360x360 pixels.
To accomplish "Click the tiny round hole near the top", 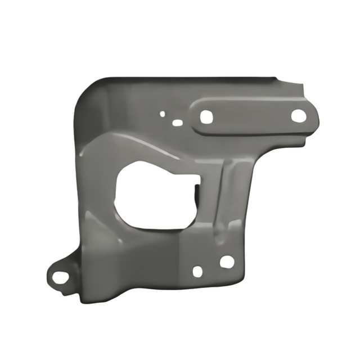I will click(163, 114).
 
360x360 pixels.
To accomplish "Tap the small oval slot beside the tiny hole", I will click(177, 122).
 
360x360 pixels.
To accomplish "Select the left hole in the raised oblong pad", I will click(206, 116).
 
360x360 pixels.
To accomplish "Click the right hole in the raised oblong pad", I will click(298, 116).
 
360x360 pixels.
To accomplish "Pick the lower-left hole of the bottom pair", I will click(197, 271).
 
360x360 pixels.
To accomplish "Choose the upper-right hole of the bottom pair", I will click(227, 262).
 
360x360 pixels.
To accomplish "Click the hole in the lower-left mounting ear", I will click(58, 277).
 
